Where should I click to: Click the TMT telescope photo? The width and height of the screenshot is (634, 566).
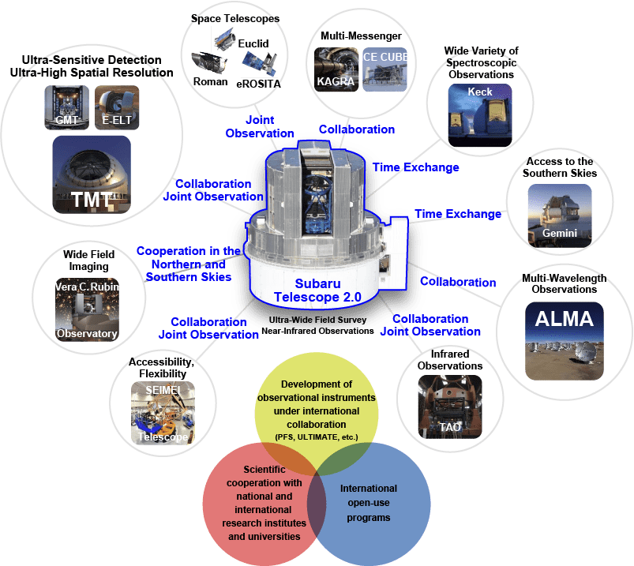pos(91,174)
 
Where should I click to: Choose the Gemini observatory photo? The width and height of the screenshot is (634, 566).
pos(559,213)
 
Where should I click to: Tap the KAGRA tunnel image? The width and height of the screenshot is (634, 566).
pos(336,69)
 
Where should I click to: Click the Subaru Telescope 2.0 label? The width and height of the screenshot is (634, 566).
pos(317,290)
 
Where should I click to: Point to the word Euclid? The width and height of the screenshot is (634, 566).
pos(253,44)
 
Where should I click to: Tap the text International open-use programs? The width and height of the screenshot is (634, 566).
pos(369,503)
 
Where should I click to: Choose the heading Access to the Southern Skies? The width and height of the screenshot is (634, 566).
pos(560,167)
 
